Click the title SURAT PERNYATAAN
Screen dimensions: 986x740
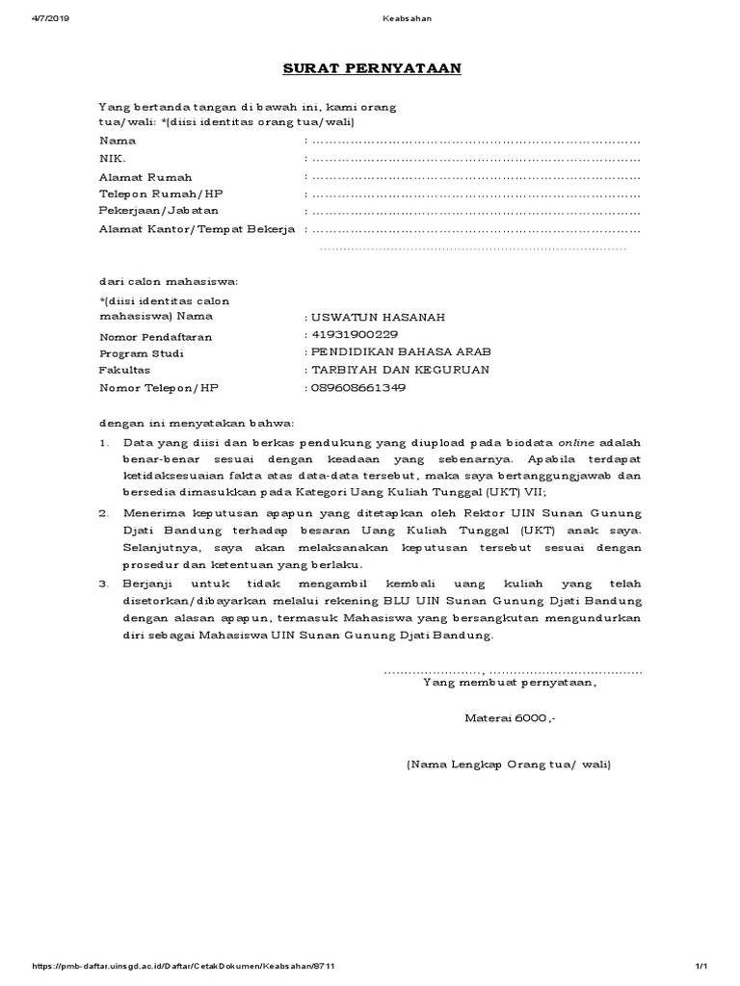pyautogui.click(x=371, y=69)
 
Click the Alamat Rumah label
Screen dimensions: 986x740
pyautogui.click(x=145, y=177)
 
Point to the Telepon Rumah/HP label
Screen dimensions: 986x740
pyautogui.click(x=161, y=194)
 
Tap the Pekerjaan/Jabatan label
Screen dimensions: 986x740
pyautogui.click(x=158, y=210)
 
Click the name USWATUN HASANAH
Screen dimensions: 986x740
pyautogui.click(x=364, y=317)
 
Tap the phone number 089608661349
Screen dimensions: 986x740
pyautogui.click(x=357, y=388)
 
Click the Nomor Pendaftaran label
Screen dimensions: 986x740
pyautogui.click(x=155, y=337)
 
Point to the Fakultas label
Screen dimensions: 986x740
pyautogui.click(x=124, y=370)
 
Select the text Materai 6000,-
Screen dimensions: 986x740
pyautogui.click(x=510, y=718)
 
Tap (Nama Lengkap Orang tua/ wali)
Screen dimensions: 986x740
pyautogui.click(x=509, y=765)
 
